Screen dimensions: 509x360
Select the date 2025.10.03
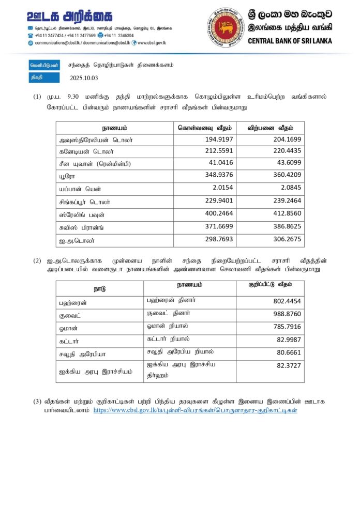point(83,78)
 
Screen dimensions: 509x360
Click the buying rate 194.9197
point(219,140)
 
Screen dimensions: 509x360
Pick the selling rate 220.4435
point(287,151)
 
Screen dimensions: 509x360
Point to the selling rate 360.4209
point(287,175)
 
